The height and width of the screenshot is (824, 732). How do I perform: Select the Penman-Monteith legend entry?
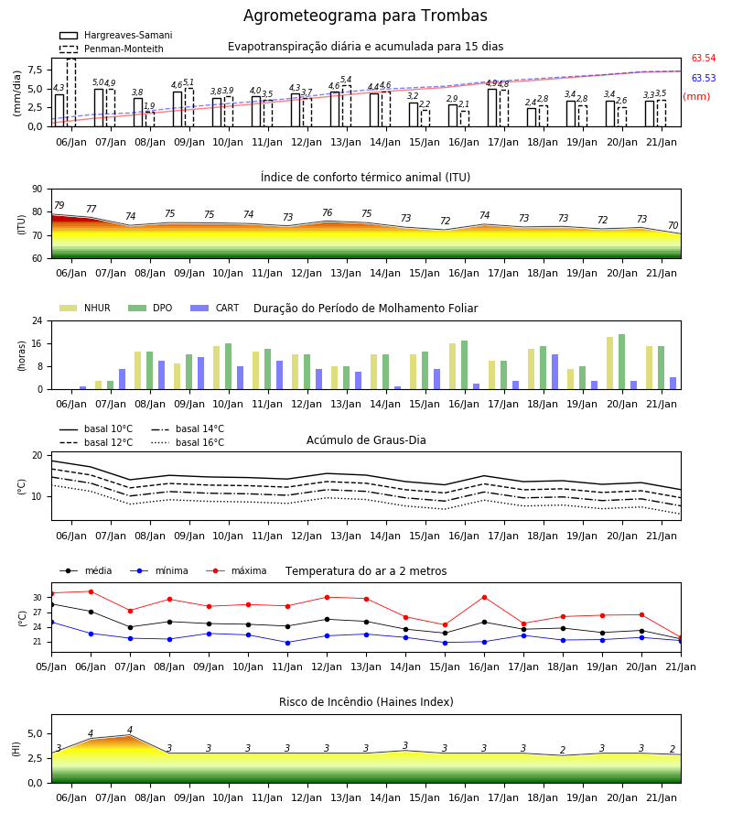(112, 49)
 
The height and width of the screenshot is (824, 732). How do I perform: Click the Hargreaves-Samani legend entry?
(116, 35)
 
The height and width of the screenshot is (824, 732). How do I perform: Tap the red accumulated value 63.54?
(704, 58)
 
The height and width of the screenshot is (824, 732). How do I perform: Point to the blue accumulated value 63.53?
(704, 78)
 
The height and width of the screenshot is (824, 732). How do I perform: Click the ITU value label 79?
(59, 205)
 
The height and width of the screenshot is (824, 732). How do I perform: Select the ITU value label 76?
(328, 212)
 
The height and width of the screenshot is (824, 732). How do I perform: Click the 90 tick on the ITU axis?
(38, 190)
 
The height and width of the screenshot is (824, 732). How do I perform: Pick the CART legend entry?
(215, 308)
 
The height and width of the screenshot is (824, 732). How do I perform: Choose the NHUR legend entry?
(85, 308)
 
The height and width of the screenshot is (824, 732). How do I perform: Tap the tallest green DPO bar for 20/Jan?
(621, 362)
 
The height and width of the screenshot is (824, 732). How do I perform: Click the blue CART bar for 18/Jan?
(555, 372)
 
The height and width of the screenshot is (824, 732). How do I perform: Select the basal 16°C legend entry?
(188, 442)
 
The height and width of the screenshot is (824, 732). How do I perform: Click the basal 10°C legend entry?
(96, 428)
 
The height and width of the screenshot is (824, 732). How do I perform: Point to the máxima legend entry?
(236, 570)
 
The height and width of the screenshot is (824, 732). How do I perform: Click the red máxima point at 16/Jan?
(484, 598)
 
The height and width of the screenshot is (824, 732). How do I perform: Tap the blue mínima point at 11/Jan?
(287, 643)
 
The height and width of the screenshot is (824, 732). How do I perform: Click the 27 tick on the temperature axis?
(38, 613)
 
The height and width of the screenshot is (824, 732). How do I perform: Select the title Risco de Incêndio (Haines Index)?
(366, 702)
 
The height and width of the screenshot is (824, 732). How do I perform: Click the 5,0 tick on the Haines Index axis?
(35, 734)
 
